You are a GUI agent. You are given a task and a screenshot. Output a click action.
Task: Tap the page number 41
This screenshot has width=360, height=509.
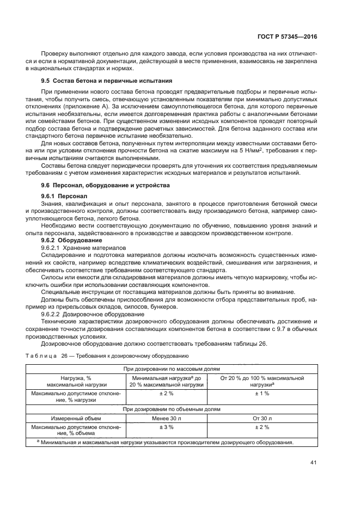click(313, 463)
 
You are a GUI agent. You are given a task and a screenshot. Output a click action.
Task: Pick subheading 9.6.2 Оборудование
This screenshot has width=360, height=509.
click(68, 240)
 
